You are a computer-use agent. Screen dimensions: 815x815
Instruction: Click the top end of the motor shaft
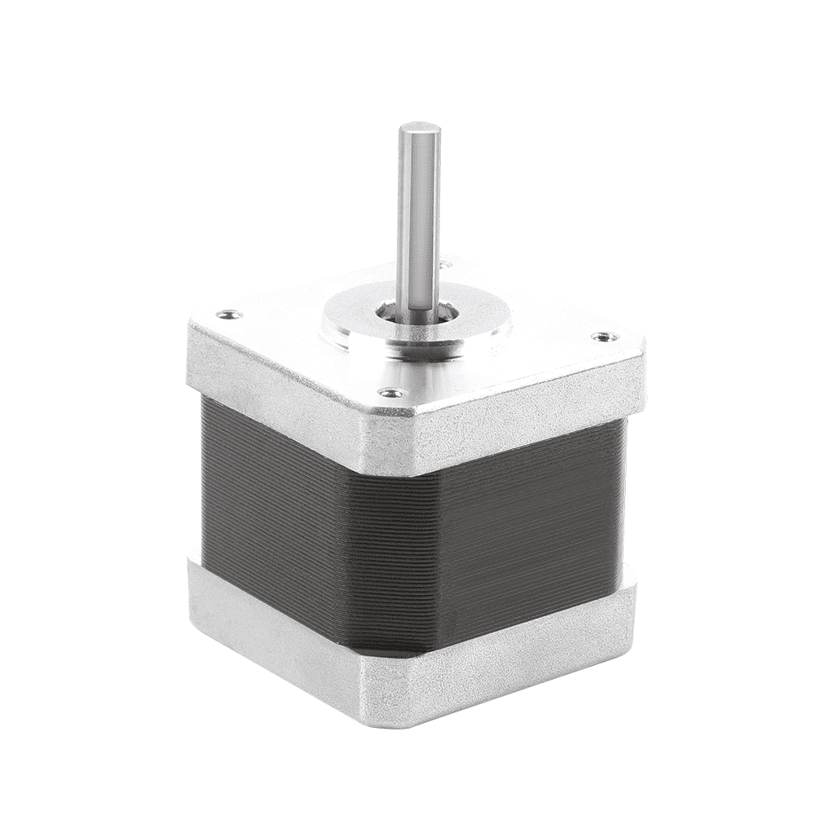pyautogui.click(x=419, y=129)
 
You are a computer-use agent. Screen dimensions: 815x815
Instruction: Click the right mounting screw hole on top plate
pyautogui.click(x=602, y=336)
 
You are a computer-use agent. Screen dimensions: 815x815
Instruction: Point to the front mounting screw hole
pyautogui.click(x=392, y=393)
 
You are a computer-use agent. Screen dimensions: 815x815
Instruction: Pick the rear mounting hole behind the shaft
pyautogui.click(x=445, y=263)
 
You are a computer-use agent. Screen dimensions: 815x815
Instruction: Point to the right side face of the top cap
pyautogui.click(x=530, y=407)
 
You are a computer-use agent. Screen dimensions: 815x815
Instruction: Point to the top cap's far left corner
pyautogui.click(x=196, y=326)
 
